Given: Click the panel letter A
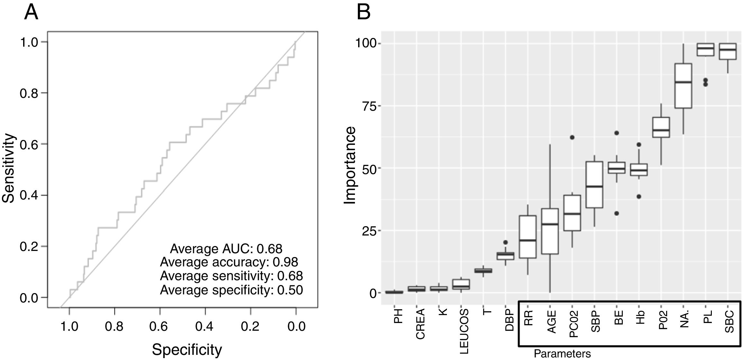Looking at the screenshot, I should pyautogui.click(x=31, y=13).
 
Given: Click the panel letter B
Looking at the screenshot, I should pyautogui.click(x=364, y=13).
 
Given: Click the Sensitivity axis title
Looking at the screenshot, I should pyautogui.click(x=9, y=168).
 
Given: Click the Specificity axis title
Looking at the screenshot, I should pyautogui.click(x=187, y=349).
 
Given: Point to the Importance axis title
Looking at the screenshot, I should pyautogui.click(x=350, y=165).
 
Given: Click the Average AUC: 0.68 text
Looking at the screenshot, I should pyautogui.click(x=226, y=249).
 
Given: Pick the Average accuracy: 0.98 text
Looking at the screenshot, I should pyautogui.click(x=229, y=262).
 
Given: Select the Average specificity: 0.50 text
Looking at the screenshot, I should pyautogui.click(x=231, y=290).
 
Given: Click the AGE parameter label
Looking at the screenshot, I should pyautogui.click(x=551, y=321).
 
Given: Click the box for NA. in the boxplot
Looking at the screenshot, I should pyautogui.click(x=683, y=86).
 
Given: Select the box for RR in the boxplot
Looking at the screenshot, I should pyautogui.click(x=528, y=237).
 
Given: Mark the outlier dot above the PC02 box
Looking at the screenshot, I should pyautogui.click(x=572, y=137).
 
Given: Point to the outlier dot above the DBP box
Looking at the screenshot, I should pyautogui.click(x=505, y=242).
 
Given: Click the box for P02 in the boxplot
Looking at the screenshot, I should pyautogui.click(x=661, y=128).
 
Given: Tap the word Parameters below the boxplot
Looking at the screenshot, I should pyautogui.click(x=562, y=354).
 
